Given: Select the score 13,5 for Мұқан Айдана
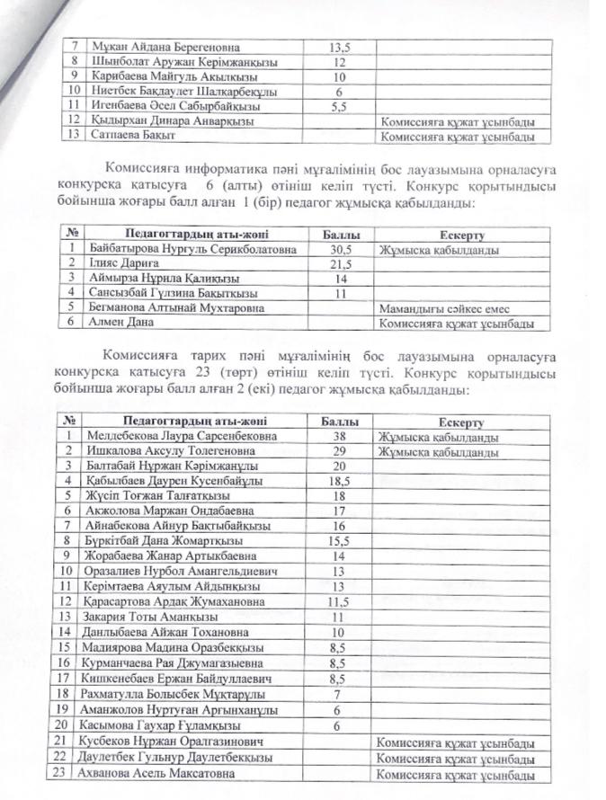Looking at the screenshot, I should (x=339, y=46).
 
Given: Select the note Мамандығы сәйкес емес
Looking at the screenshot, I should (x=441, y=307).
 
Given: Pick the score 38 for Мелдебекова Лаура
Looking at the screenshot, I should (x=339, y=437).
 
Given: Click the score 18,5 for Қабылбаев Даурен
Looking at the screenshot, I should (x=339, y=482).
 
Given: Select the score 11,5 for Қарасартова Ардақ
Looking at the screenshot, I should (x=339, y=600).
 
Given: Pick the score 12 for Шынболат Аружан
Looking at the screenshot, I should (x=339, y=61).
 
